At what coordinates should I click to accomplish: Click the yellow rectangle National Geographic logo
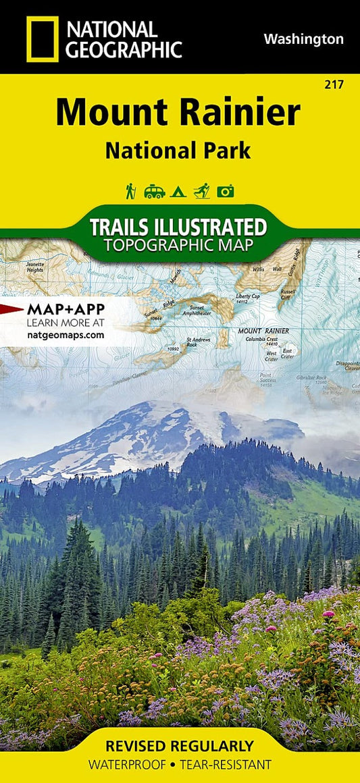(x=42, y=38)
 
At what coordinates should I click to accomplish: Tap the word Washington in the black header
(x=303, y=39)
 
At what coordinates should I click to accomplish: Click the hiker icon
(x=130, y=191)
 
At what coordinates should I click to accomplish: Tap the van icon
(x=154, y=191)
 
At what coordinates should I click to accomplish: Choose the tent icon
(x=179, y=192)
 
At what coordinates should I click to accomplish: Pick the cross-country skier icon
(x=201, y=191)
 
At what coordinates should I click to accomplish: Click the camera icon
(x=226, y=192)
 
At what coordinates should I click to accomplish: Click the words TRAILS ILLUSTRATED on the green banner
(x=178, y=225)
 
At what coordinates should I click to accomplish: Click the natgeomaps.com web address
(x=66, y=334)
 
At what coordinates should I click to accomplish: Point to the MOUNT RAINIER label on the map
(x=263, y=331)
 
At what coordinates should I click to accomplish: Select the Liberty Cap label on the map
(x=247, y=298)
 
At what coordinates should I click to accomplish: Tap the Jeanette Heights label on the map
(x=34, y=267)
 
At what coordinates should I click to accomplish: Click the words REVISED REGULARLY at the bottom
(x=180, y=747)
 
